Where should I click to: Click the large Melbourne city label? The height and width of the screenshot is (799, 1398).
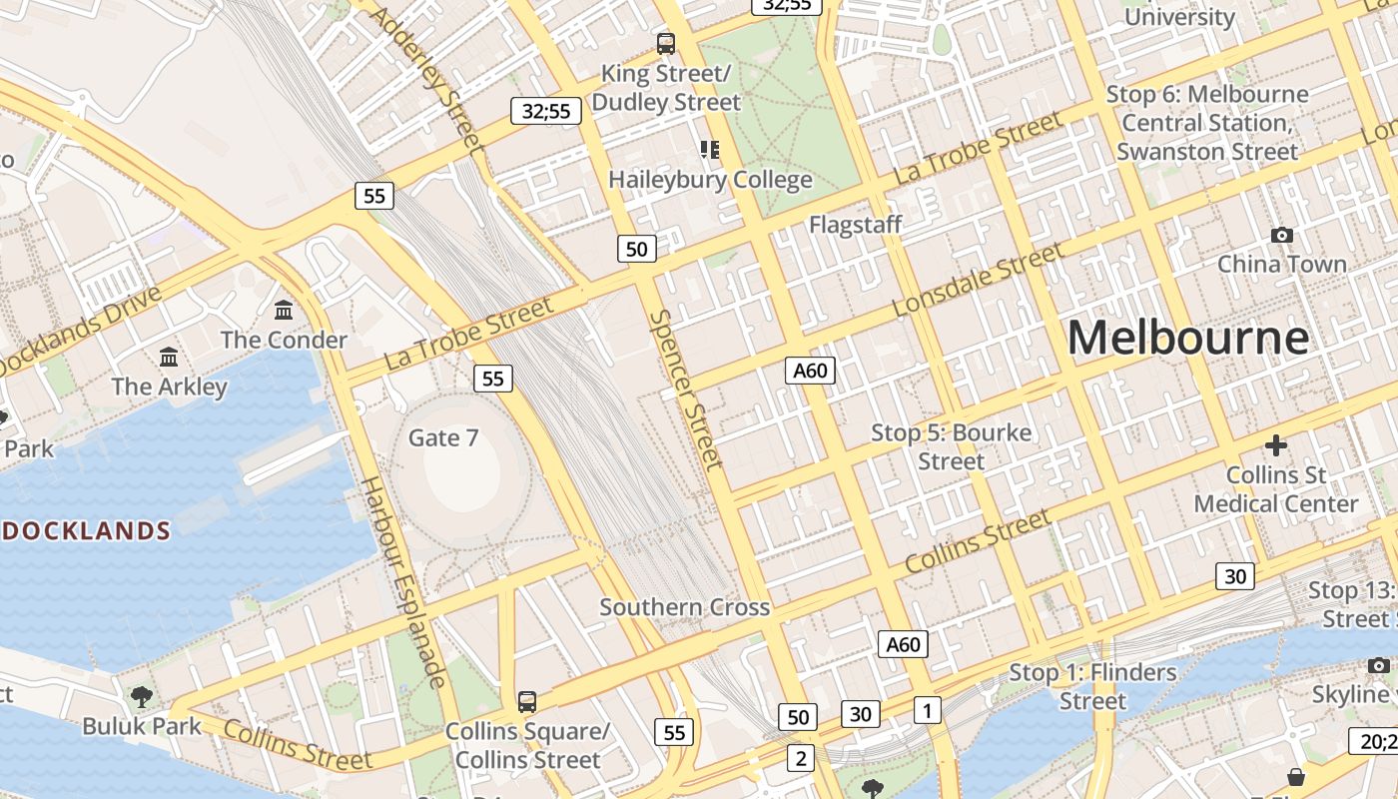click(x=1187, y=338)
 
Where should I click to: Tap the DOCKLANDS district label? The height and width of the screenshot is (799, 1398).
click(x=84, y=530)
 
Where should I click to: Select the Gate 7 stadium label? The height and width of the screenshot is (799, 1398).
click(x=443, y=437)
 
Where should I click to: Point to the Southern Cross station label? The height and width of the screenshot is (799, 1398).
click(x=684, y=607)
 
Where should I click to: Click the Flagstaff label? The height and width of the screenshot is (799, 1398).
click(x=855, y=225)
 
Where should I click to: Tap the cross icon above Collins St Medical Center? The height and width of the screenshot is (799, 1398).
click(x=1275, y=444)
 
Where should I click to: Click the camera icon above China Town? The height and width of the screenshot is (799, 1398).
click(x=1281, y=235)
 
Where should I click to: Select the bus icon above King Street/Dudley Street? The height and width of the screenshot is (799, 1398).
click(x=666, y=44)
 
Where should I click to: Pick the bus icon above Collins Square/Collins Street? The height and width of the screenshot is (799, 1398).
click(x=526, y=701)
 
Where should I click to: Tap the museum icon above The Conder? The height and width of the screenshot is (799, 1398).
click(x=284, y=310)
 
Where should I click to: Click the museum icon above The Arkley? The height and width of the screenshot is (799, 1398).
click(x=169, y=357)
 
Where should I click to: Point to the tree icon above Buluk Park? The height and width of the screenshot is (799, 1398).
click(x=142, y=695)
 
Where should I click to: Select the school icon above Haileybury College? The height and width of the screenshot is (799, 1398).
click(x=710, y=150)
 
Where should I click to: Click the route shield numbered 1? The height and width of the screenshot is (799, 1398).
click(x=927, y=710)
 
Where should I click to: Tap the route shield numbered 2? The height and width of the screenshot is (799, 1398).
click(x=800, y=758)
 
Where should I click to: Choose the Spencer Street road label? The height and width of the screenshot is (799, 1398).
click(x=685, y=389)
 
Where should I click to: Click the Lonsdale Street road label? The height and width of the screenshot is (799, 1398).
click(x=979, y=281)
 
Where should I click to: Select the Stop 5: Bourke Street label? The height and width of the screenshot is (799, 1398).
click(x=951, y=446)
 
